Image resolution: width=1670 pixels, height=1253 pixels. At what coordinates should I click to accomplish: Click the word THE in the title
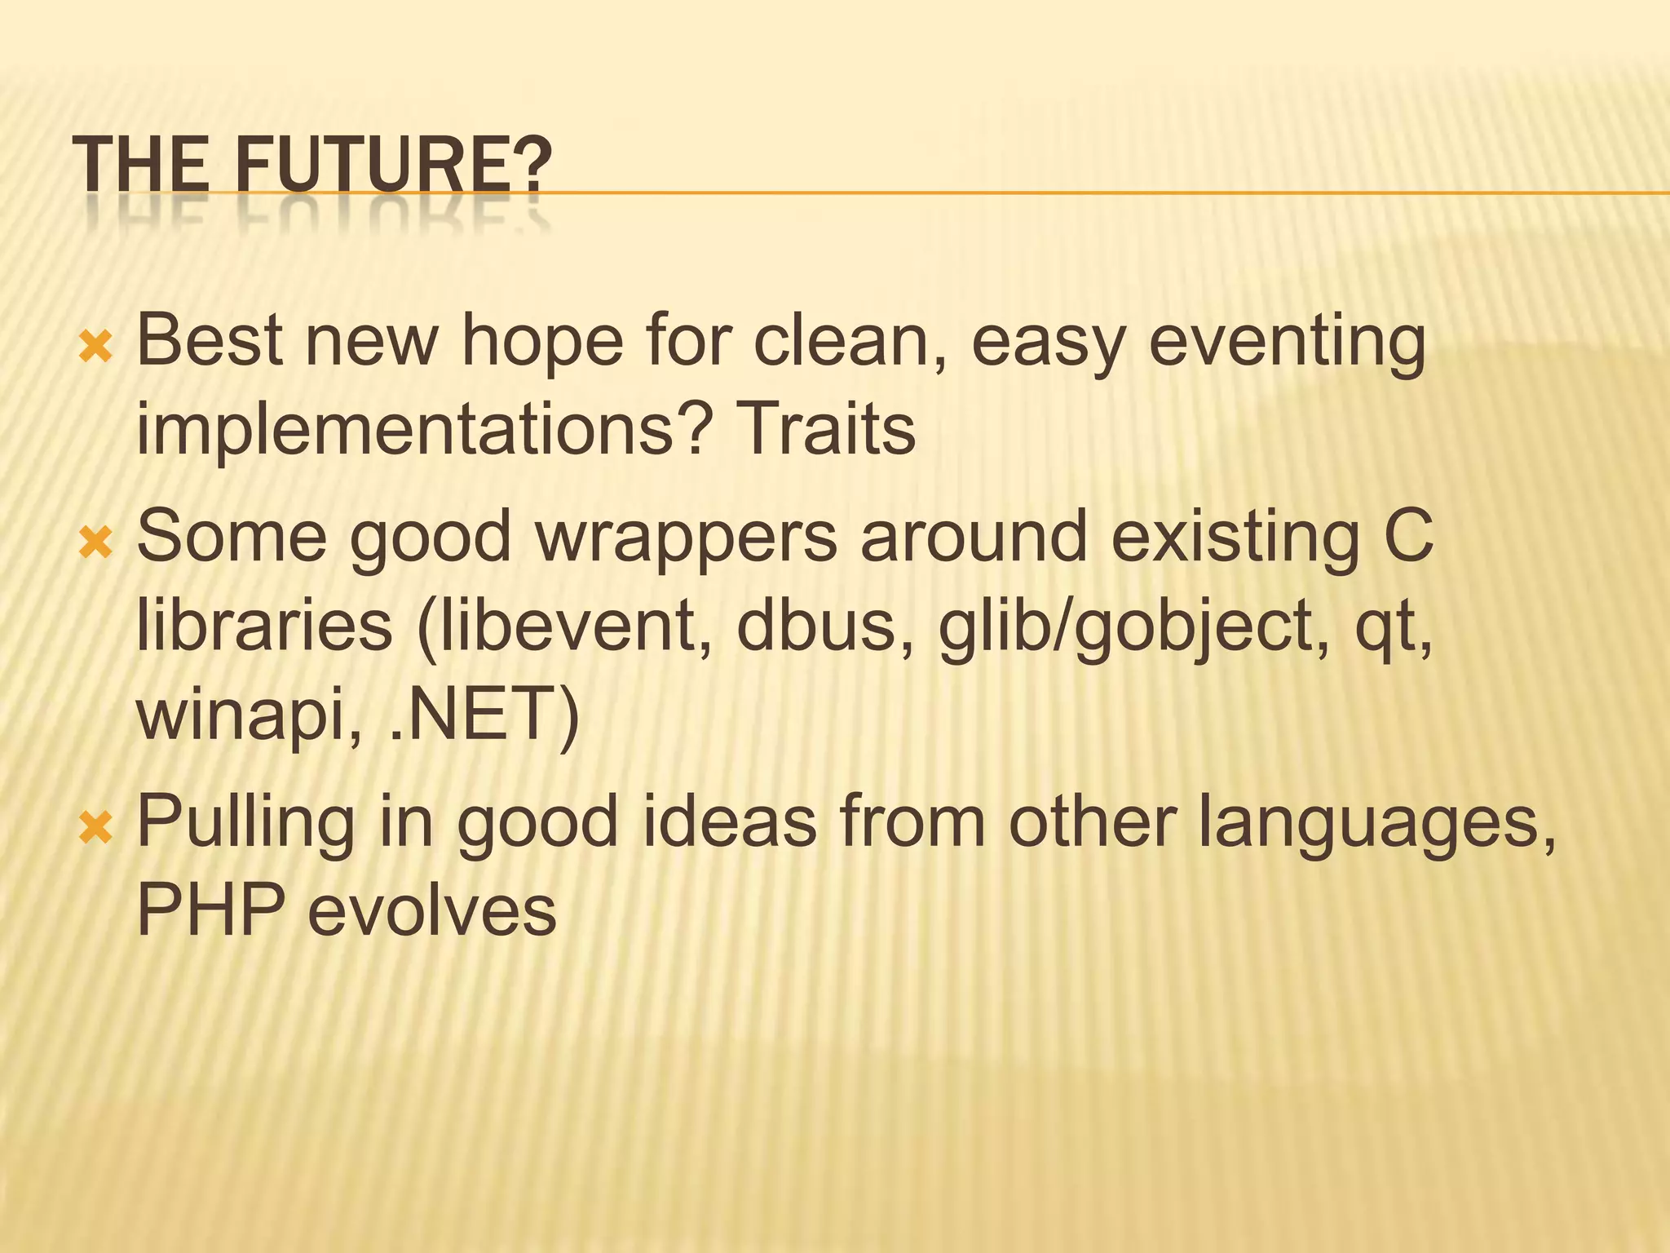[141, 165]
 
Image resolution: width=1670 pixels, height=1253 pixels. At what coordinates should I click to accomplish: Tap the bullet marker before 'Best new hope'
[95, 348]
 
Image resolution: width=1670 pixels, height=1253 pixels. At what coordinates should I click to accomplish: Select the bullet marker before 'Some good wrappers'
[95, 543]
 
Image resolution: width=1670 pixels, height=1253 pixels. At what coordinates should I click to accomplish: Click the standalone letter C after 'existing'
[1408, 536]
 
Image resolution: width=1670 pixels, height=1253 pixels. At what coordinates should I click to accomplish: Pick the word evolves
[431, 910]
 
